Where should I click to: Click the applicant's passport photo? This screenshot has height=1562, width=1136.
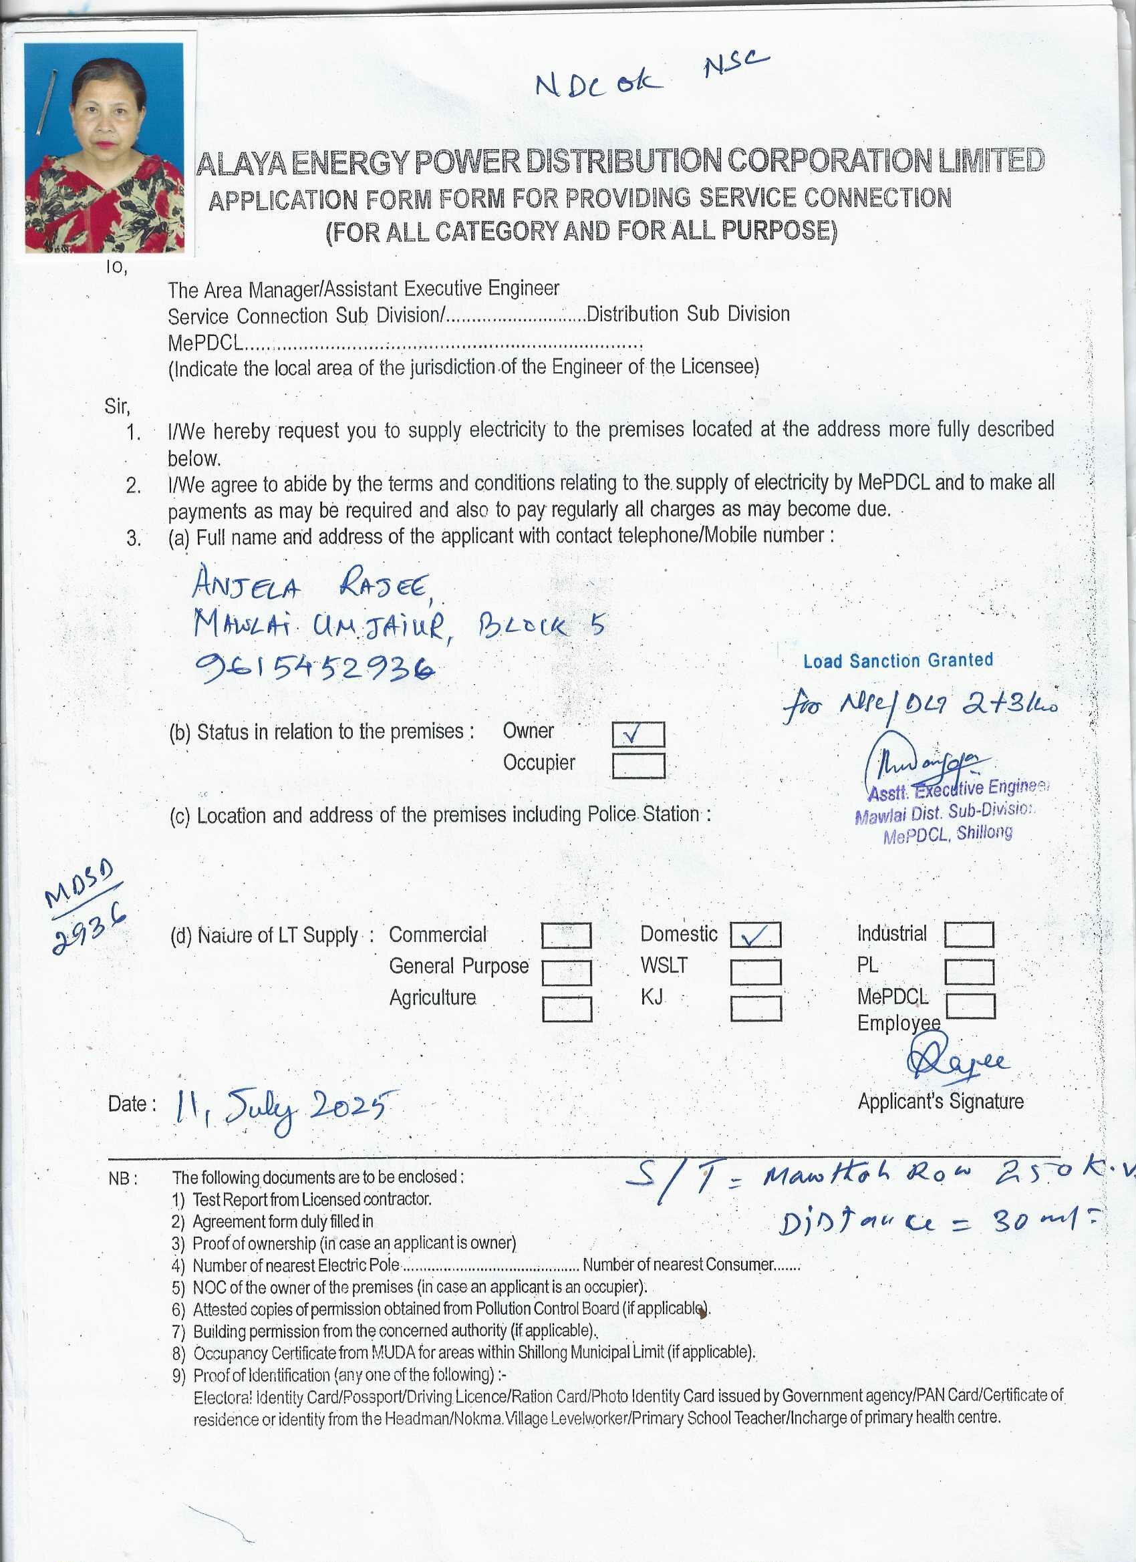coord(104,148)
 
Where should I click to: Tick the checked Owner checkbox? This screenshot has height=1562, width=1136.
coord(638,734)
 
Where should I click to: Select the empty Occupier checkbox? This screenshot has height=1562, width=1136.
coord(638,765)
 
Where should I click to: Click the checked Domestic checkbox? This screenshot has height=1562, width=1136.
coord(755,935)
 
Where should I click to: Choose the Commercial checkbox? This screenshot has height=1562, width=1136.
coord(565,935)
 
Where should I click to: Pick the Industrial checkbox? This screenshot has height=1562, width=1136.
coord(968,935)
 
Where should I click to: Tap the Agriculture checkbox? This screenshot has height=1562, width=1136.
coord(566,1009)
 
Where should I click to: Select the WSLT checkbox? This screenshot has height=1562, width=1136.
coord(755,972)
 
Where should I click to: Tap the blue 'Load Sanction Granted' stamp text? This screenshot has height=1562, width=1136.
coord(897,661)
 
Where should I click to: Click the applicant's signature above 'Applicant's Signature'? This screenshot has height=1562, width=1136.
coord(957,1062)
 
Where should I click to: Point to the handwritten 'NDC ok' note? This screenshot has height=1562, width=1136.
coord(599,84)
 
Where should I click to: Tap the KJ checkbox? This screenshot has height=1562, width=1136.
coord(755,1008)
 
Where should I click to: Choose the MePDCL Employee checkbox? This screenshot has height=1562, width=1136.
coord(970,1005)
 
